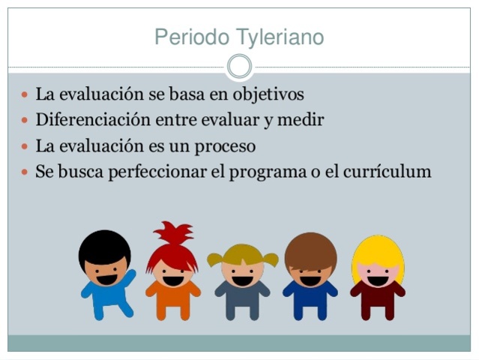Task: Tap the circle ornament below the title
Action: tap(239, 67)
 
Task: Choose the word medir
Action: tap(304, 119)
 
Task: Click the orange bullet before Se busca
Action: tap(25, 172)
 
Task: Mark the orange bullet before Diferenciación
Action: tap(25, 120)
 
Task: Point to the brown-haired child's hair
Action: tap(310, 248)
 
